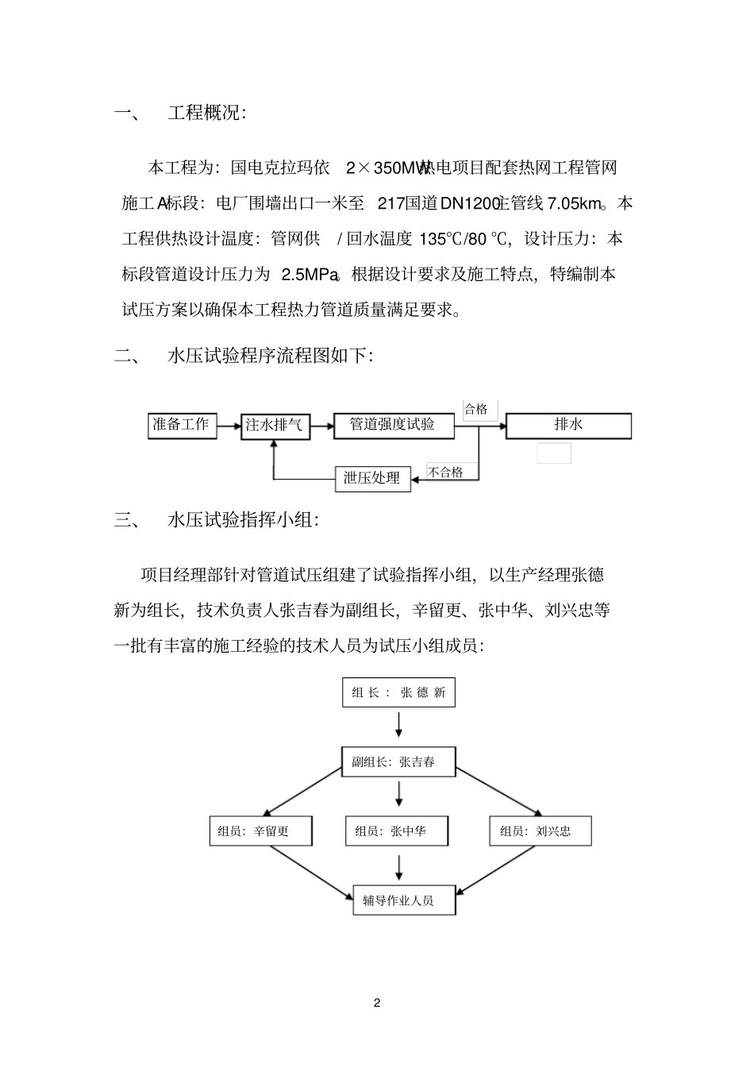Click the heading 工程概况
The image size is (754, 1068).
point(206,113)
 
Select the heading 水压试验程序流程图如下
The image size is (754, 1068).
point(269,355)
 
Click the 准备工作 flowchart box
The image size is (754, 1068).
point(182,426)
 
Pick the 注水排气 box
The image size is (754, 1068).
point(275,426)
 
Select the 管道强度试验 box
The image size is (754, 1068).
point(394,426)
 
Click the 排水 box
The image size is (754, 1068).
point(568,426)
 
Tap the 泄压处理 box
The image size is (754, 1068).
point(372,479)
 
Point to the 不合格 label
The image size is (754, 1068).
point(446,472)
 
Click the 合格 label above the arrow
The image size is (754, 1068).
point(476,410)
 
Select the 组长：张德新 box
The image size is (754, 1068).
point(398,692)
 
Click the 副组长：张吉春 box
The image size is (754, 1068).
point(398,762)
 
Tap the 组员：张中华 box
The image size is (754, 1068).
point(397,831)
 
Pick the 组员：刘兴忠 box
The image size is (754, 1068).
point(540,831)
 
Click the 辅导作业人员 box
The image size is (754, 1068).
point(404,900)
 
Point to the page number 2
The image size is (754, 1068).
point(377,1003)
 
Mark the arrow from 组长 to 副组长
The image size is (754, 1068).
point(398,723)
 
